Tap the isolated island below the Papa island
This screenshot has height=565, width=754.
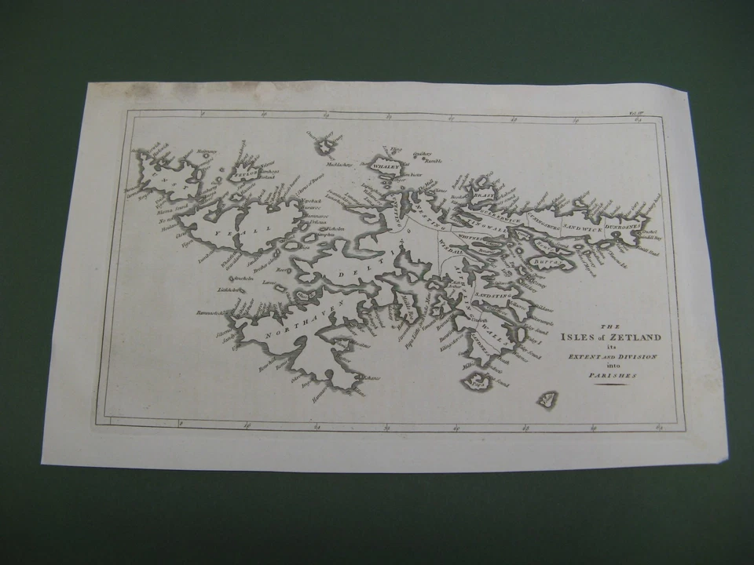547,399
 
